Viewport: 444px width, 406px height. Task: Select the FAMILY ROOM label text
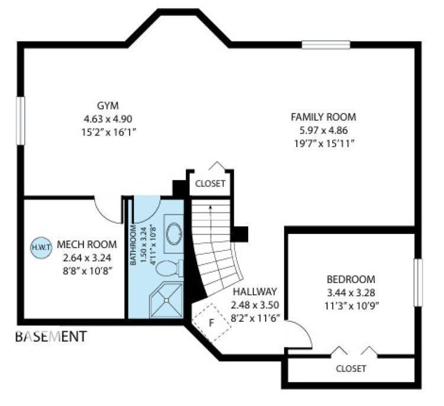pyautogui.click(x=323, y=117)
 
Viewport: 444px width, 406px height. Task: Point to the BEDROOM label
pyautogui.click(x=351, y=279)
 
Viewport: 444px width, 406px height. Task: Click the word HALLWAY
pyautogui.click(x=255, y=292)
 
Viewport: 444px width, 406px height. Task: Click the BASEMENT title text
pyautogui.click(x=51, y=337)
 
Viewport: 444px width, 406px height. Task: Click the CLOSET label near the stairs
pyautogui.click(x=210, y=183)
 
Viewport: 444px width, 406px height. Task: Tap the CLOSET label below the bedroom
pyautogui.click(x=351, y=368)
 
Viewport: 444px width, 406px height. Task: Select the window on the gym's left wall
pyautogui.click(x=21, y=120)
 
